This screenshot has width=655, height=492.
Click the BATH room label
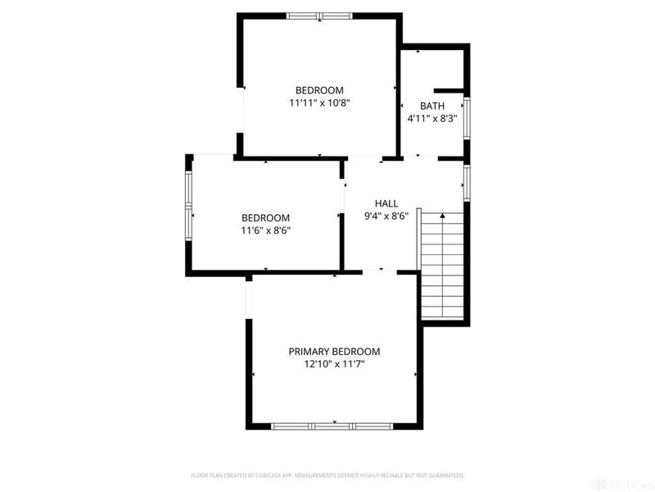431,106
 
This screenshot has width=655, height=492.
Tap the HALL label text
386,203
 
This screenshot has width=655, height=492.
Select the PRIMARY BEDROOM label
334,351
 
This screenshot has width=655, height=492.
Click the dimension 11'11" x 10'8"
319,103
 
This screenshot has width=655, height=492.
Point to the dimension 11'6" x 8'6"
265,230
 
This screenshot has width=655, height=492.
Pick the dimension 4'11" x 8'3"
431,118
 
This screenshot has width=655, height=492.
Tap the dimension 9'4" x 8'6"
386,216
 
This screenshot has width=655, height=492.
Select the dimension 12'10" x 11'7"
334,364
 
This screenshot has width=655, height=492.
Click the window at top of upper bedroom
319,15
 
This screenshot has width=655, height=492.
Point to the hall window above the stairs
467,182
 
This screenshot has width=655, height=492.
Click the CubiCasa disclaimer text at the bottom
327,475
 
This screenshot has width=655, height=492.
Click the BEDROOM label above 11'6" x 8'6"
265,217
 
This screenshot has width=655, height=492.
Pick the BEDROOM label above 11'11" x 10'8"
319,90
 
